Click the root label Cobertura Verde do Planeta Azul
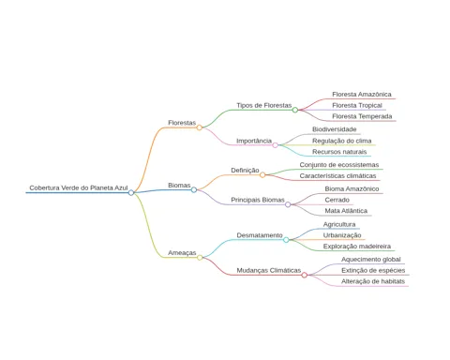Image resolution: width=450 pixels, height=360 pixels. coord(79,187)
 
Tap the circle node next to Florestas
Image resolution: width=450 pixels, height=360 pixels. coord(199,127)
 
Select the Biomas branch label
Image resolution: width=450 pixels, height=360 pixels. coord(179,186)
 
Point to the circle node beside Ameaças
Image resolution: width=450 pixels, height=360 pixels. coord(200,258)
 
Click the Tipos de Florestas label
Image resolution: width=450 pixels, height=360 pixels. coord(263,105)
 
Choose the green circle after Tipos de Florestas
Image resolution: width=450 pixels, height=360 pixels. coord(295,110)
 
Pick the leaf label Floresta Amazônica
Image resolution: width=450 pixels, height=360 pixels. coord(362,95)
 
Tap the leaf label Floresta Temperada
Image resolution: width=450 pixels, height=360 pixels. coord(362,116)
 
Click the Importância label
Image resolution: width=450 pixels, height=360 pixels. coord(254,141)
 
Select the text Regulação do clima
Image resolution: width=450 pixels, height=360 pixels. coord(342,141)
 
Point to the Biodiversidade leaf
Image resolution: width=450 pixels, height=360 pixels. coord(335,129)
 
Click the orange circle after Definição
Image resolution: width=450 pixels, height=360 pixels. coord(262,175)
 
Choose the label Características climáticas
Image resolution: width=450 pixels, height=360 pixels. coord(337,176)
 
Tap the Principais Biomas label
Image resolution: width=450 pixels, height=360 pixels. coord(258,200)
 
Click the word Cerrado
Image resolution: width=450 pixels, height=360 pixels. coord(337,200)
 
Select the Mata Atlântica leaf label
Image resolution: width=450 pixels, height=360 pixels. coord(346,211)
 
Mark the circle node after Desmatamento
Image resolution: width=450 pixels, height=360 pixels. coord(286,240)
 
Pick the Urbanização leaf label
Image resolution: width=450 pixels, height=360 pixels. coord(342,235)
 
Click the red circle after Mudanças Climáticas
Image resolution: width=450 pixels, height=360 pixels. coord(305,275)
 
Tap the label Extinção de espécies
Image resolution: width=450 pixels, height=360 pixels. coord(373,270)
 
